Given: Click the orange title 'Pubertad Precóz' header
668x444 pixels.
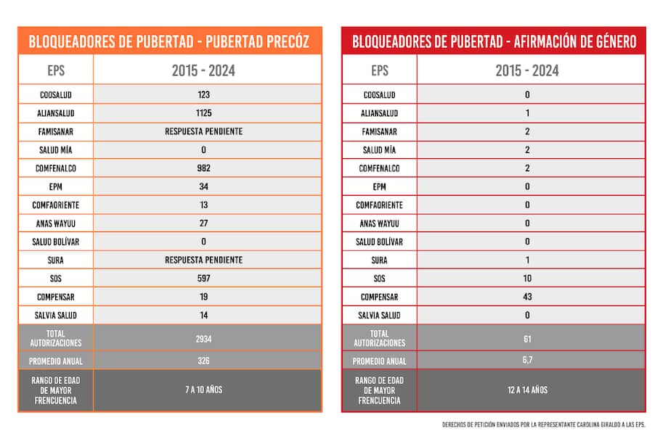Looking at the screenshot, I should [170, 41].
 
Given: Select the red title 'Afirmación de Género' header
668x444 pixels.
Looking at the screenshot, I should [494, 41].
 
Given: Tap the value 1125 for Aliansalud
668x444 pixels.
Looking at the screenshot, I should [203, 113].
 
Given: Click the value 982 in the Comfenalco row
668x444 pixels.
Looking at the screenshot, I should [203, 168].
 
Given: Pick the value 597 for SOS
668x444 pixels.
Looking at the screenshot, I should [203, 279].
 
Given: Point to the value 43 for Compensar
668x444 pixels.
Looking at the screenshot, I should [527, 297].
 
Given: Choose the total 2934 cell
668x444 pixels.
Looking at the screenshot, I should [203, 339].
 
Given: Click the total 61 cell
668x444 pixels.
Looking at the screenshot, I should [527, 339].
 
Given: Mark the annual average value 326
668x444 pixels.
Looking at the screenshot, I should [203, 361].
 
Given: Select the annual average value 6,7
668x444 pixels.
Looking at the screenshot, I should [527, 361].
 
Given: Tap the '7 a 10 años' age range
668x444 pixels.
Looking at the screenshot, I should [203, 390].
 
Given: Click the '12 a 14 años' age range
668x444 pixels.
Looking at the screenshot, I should [527, 390].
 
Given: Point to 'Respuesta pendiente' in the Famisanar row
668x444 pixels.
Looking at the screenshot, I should [203, 131].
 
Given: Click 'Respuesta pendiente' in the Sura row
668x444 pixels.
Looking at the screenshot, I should [203, 260].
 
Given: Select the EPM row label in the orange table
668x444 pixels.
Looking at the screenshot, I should [56, 186].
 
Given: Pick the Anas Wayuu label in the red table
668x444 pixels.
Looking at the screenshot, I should [380, 223].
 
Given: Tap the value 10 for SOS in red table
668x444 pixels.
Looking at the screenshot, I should [527, 279].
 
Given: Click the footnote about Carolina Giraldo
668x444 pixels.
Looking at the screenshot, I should [543, 424].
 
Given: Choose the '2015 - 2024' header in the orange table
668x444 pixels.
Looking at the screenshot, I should [203, 71].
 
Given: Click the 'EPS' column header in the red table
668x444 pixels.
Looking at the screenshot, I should [380, 71].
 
